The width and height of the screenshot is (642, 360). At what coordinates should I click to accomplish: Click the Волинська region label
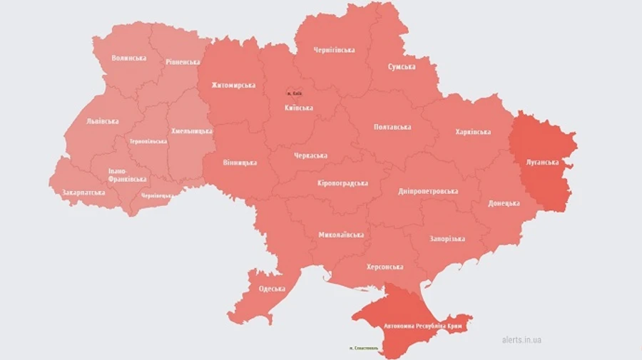click(129, 58)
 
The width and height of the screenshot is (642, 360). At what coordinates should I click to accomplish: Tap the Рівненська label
click(183, 62)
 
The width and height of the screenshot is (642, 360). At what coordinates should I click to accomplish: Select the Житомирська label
click(233, 86)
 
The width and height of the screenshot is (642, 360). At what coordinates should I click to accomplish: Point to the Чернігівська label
click(334, 50)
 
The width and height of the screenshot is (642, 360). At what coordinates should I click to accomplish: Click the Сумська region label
click(402, 66)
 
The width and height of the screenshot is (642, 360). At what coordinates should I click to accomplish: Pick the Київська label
click(298, 108)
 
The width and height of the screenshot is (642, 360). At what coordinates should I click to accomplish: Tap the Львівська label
click(102, 121)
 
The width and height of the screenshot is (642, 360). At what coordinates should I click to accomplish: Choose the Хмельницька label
click(192, 131)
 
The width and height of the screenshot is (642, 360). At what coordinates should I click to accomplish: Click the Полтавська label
click(392, 127)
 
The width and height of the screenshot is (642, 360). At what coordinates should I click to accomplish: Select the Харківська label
click(473, 132)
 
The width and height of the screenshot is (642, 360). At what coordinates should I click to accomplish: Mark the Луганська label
click(543, 162)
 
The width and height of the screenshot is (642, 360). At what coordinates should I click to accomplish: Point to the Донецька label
click(504, 203)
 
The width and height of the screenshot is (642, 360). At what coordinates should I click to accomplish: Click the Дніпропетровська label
click(428, 191)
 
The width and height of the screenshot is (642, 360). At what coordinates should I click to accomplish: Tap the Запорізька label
click(447, 239)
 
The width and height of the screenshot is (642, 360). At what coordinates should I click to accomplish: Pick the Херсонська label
click(384, 267)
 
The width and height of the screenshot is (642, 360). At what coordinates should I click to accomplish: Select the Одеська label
click(272, 289)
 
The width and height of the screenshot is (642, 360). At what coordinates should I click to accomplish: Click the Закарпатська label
click(83, 192)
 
